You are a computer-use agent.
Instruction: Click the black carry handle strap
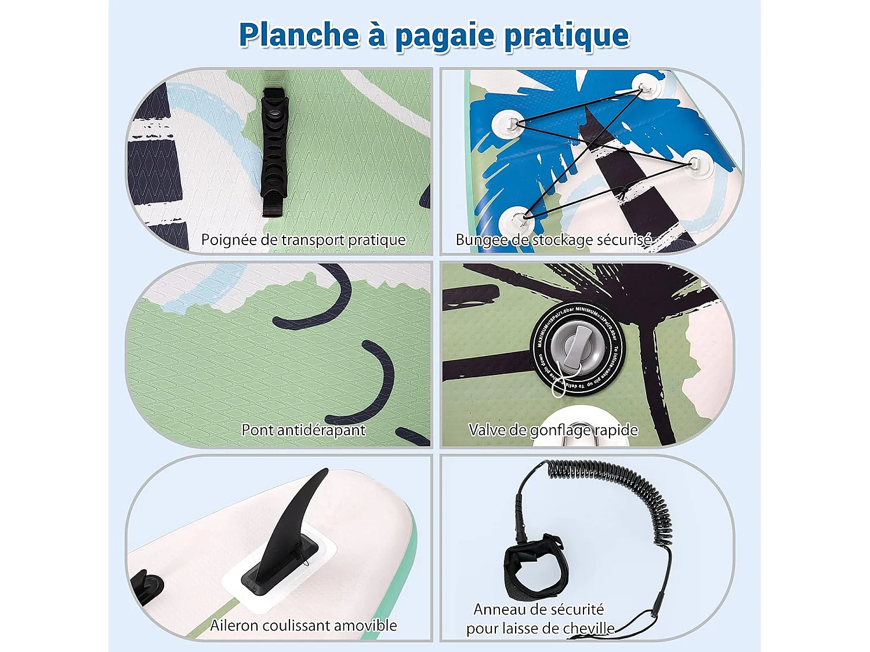273,151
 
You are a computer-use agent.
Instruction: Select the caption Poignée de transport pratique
303,239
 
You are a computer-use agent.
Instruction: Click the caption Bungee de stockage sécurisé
553,239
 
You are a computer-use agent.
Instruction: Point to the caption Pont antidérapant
303,430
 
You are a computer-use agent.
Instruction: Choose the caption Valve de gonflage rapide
553,430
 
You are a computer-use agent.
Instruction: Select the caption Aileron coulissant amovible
303,625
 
